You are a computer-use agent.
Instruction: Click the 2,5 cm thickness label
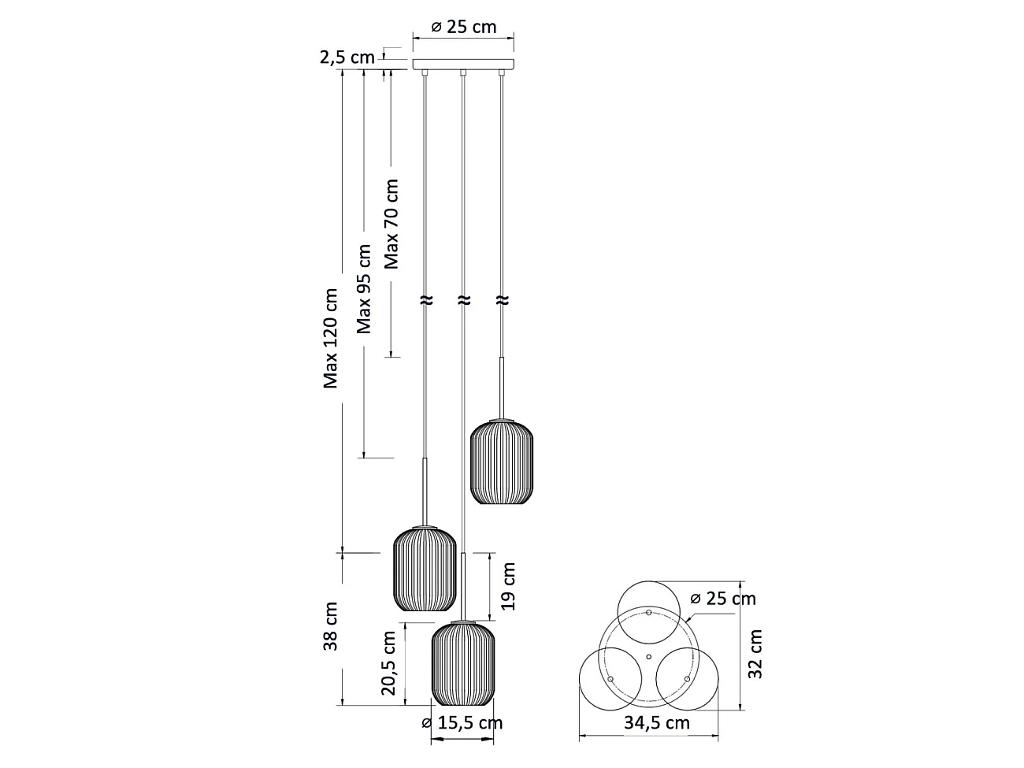347,58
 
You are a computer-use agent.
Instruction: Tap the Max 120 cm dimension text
330,339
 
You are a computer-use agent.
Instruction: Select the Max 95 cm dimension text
364,289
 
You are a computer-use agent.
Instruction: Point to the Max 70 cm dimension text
391,224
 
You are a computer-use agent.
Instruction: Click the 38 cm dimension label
330,626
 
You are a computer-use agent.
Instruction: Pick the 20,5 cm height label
388,663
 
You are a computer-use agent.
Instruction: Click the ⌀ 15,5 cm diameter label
462,723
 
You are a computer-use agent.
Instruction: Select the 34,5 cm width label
657,723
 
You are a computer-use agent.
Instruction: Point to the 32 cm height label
755,654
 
